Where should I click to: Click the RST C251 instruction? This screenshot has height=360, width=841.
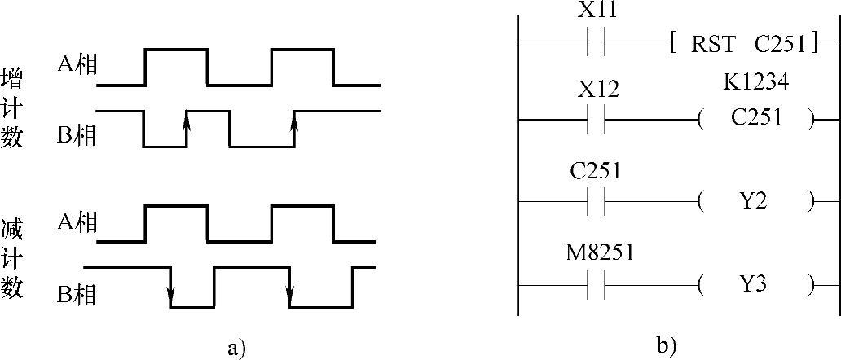click(743, 42)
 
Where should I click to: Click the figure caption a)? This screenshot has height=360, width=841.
click(237, 349)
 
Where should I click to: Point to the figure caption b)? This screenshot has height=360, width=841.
click(666, 345)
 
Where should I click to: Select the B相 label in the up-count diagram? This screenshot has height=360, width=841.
click(77, 135)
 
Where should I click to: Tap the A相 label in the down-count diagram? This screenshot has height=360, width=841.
click(77, 223)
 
